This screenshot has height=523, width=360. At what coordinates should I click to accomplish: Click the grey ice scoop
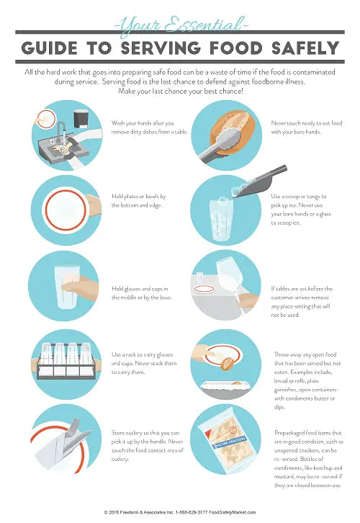point(260,182)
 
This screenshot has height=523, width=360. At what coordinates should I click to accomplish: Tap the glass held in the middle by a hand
point(68,287)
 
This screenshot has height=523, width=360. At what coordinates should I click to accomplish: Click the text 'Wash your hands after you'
point(143,123)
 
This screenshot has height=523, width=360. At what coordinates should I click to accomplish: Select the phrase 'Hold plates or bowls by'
point(139,197)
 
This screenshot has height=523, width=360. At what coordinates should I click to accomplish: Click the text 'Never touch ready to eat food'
point(307,123)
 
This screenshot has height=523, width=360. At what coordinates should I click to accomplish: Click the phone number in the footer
point(192,512)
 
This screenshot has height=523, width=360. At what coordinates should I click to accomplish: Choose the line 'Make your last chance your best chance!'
point(181,91)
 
